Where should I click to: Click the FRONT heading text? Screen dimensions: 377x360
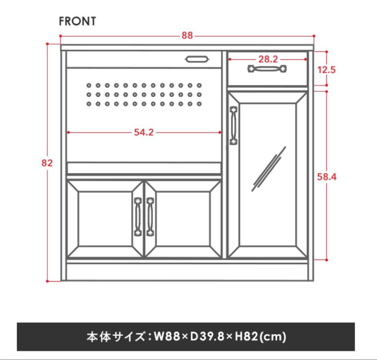coord(77,21)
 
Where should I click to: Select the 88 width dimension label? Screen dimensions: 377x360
coord(187,35)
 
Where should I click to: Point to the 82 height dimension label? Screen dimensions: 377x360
coord(47,163)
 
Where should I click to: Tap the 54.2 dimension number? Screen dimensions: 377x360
coord(143,132)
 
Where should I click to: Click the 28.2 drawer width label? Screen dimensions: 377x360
coord(268,59)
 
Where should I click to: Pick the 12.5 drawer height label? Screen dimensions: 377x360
coord(326,70)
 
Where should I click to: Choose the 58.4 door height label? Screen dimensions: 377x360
coord(326,177)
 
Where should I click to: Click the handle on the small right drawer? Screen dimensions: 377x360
coord(267,69)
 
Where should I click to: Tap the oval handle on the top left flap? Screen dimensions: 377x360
coord(197,59)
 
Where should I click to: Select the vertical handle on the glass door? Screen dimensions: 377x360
coord(234,125)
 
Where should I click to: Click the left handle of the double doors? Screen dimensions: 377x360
coord(138,217)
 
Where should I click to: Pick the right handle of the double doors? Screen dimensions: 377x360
coord(150,217)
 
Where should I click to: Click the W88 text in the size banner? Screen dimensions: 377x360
coord(167,336)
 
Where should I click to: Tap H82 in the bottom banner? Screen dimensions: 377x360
coord(246,336)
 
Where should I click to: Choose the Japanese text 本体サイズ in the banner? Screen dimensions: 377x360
coord(116,337)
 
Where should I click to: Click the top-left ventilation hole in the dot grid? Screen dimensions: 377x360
coord(89,85)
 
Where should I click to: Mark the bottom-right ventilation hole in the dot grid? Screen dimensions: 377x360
coord(199,104)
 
